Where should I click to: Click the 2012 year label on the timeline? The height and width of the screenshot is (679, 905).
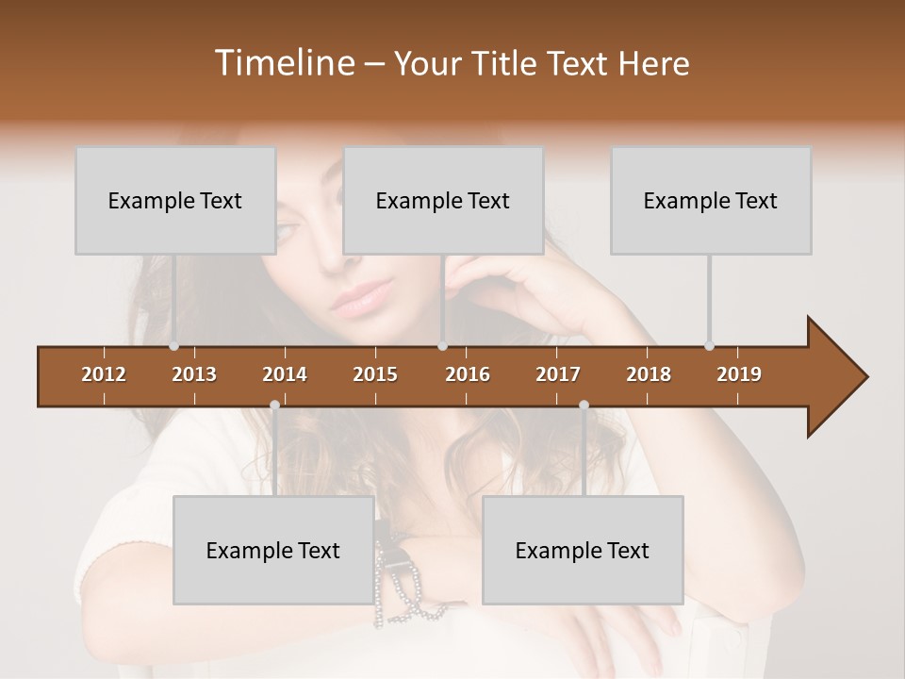[x=104, y=374]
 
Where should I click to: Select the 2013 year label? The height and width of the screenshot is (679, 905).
[x=194, y=374]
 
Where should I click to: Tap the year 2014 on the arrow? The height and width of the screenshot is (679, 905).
[x=285, y=374]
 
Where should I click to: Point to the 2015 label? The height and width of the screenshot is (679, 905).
[x=375, y=374]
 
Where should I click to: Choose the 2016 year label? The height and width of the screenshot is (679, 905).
[x=468, y=374]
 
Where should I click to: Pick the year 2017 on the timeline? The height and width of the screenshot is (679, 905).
[x=558, y=374]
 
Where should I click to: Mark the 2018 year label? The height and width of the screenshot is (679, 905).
[x=649, y=374]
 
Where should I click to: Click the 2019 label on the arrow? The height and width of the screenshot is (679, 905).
[x=739, y=374]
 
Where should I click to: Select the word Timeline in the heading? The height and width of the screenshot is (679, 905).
[x=284, y=63]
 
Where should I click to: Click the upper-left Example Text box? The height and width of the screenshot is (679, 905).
[x=175, y=201]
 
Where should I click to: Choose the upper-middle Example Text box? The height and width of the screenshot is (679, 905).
[x=443, y=201]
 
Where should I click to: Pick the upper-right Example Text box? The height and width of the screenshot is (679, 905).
[x=711, y=201]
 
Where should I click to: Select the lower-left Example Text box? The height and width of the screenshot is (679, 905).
[x=273, y=551]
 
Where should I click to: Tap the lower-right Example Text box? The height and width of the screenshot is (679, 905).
[x=583, y=551]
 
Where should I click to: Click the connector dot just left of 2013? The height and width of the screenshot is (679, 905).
[x=173, y=346]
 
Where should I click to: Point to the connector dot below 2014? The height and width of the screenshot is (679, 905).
[x=274, y=406]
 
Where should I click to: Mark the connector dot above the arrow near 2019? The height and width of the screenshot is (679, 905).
[x=709, y=346]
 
